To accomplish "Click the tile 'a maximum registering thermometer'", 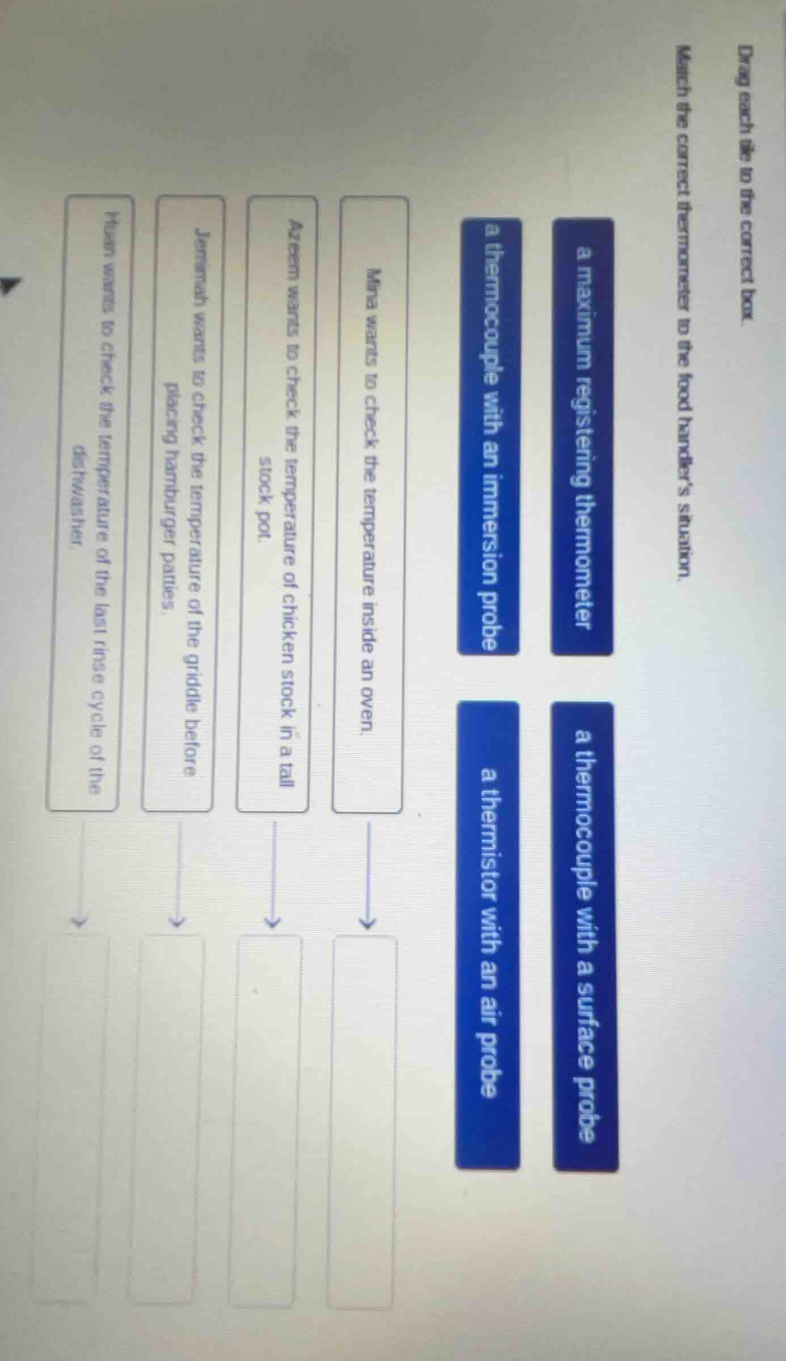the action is coord(582,436).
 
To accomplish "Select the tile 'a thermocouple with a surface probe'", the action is coord(585,936).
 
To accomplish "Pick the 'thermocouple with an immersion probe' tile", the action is coord(489,436).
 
